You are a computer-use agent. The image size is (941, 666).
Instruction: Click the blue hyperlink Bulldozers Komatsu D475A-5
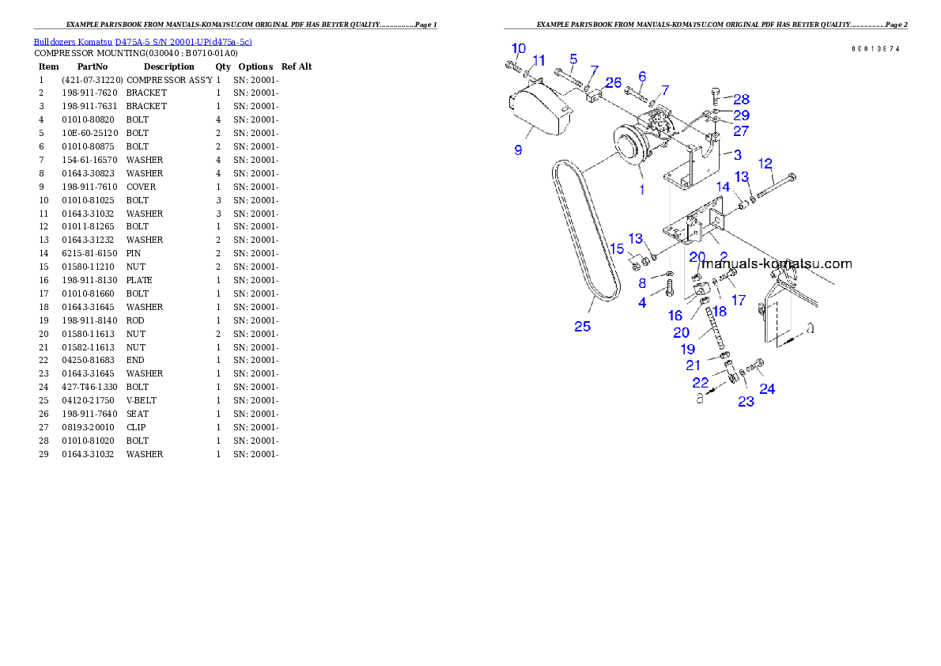142,42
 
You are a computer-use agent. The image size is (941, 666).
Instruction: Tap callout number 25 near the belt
582,326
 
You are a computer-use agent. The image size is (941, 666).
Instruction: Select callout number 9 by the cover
518,149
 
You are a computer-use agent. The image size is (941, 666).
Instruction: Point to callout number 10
519,48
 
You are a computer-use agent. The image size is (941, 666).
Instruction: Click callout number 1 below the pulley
641,190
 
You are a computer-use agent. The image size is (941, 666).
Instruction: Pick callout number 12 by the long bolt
765,164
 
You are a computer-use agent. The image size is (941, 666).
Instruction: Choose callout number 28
741,100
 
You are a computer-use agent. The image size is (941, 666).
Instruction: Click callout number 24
767,388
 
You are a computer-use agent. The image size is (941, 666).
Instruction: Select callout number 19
687,349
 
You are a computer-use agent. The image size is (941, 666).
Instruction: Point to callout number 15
617,248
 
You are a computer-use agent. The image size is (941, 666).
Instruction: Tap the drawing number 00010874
875,49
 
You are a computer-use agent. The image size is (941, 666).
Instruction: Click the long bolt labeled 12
776,187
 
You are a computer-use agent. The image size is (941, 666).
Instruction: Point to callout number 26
614,82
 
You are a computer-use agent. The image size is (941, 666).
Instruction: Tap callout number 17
738,301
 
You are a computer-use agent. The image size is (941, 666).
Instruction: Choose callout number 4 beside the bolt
642,302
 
